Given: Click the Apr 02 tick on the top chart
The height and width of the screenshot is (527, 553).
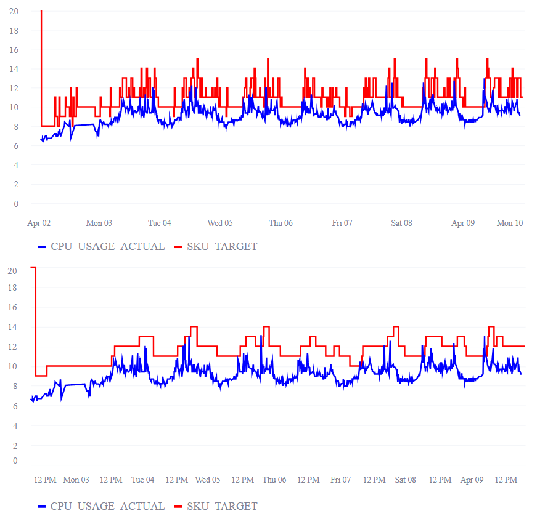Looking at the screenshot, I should pyautogui.click(x=39, y=223).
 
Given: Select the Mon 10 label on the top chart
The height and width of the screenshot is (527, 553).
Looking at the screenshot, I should pyautogui.click(x=510, y=223).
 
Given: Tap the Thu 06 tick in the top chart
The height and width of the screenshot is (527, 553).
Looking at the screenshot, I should pyautogui.click(x=281, y=223).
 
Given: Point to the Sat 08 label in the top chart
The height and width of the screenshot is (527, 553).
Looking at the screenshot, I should pyautogui.click(x=401, y=223).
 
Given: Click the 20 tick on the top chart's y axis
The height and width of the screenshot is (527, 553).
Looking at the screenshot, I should pyautogui.click(x=14, y=11).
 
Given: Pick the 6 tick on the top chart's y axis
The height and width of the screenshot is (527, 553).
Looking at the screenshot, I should pyautogui.click(x=16, y=146).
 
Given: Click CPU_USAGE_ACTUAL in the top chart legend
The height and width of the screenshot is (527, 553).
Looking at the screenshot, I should pyautogui.click(x=107, y=246).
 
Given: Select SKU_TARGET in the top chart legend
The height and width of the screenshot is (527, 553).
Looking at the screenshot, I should pyautogui.click(x=222, y=246).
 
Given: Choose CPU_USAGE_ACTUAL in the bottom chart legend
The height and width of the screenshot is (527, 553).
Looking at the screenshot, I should pyautogui.click(x=107, y=506).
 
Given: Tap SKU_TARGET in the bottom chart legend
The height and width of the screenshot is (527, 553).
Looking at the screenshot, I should pyautogui.click(x=222, y=506).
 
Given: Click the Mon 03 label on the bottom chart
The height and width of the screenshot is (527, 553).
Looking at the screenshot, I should pyautogui.click(x=76, y=480).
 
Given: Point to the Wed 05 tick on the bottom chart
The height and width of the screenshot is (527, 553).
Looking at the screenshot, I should pyautogui.click(x=208, y=480).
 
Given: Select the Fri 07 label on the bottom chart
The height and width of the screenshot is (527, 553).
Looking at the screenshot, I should pyautogui.click(x=340, y=480).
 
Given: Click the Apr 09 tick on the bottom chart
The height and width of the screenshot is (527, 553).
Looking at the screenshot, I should pyautogui.click(x=472, y=480).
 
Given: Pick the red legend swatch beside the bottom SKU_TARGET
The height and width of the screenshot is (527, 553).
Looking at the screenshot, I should pyautogui.click(x=179, y=507).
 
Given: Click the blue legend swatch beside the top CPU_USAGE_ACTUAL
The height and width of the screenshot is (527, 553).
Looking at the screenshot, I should pyautogui.click(x=43, y=247).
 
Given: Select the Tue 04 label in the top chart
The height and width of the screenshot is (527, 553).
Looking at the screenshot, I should pyautogui.click(x=160, y=223).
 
